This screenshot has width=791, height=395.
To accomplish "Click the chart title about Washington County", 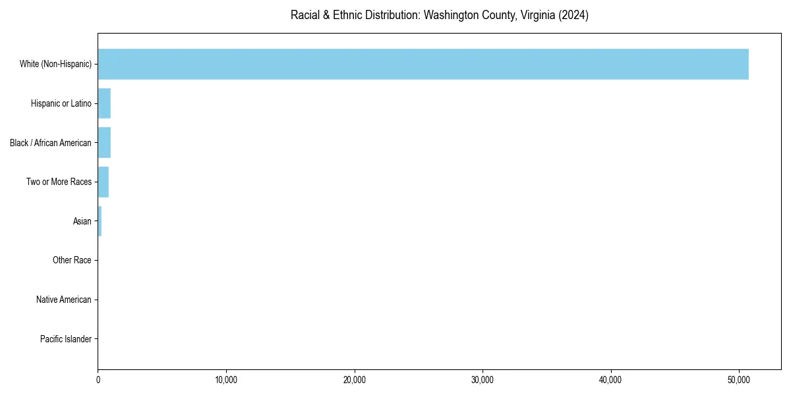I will click(439, 15).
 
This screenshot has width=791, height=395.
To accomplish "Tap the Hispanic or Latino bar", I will click(104, 103).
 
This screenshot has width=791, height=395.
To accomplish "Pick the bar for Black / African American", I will click(104, 143).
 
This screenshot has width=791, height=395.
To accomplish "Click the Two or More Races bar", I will click(103, 182).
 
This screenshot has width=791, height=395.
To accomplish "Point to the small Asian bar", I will click(100, 221).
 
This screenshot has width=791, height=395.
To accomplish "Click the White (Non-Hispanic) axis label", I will click(55, 64).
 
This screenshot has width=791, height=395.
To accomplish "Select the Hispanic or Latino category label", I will click(61, 103).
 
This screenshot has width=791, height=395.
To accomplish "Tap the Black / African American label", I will click(51, 143).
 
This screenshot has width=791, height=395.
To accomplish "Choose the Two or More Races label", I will click(59, 182).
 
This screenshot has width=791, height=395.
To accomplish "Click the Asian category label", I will click(82, 221).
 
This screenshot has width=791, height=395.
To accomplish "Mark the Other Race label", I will click(72, 261).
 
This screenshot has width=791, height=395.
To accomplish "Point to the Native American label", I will click(64, 300).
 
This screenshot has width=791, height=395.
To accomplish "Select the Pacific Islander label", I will click(65, 339).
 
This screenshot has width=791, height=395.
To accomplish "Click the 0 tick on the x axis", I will click(98, 380).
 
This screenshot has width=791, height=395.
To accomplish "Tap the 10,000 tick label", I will click(226, 380).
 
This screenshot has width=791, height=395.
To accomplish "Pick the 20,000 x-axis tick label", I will click(355, 380).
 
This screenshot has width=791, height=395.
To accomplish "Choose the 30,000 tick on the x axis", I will click(483, 380).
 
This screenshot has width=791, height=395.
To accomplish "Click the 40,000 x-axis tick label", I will click(611, 380).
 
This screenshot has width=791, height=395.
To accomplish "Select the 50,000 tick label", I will click(739, 380).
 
